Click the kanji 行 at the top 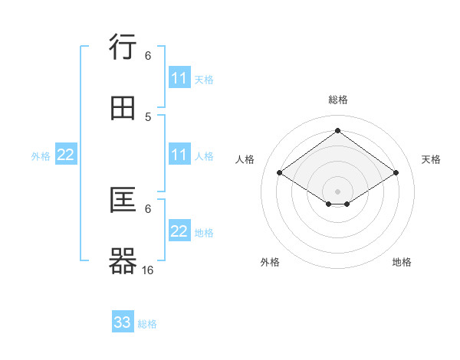point(123,47)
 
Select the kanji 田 point(123,108)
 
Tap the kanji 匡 point(123,200)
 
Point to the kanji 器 point(123,260)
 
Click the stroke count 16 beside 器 point(148,270)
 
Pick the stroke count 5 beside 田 point(148,116)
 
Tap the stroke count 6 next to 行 point(148,55)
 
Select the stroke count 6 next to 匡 point(148,208)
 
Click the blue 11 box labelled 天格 point(179,78)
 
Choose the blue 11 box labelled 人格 point(179,155)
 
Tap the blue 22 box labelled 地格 point(179,231)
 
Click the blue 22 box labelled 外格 point(66,155)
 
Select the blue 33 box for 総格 point(123,322)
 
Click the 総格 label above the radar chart point(338,100)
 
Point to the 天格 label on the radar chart point(432,159)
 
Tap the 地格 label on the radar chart point(402,262)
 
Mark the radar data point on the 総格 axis point(338,130)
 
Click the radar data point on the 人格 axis point(280,172)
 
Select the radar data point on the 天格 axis point(396,172)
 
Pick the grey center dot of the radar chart point(338,191)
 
